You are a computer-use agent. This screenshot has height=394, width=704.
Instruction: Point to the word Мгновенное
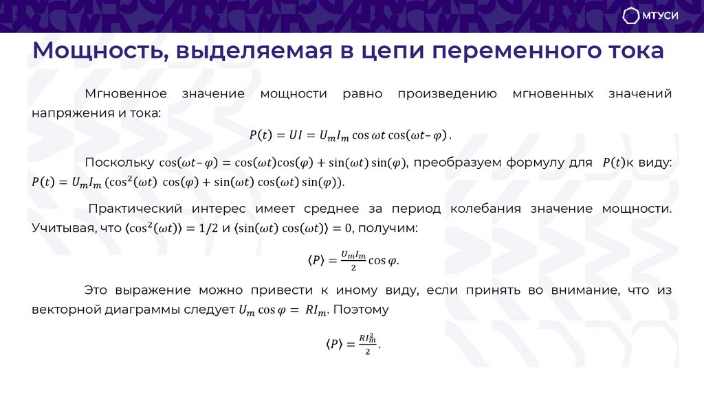click(126, 93)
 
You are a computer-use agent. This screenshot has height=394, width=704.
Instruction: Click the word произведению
click(447, 93)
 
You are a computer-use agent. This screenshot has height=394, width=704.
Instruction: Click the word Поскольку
click(119, 162)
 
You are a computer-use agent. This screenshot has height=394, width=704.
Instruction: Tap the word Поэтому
click(362, 309)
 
